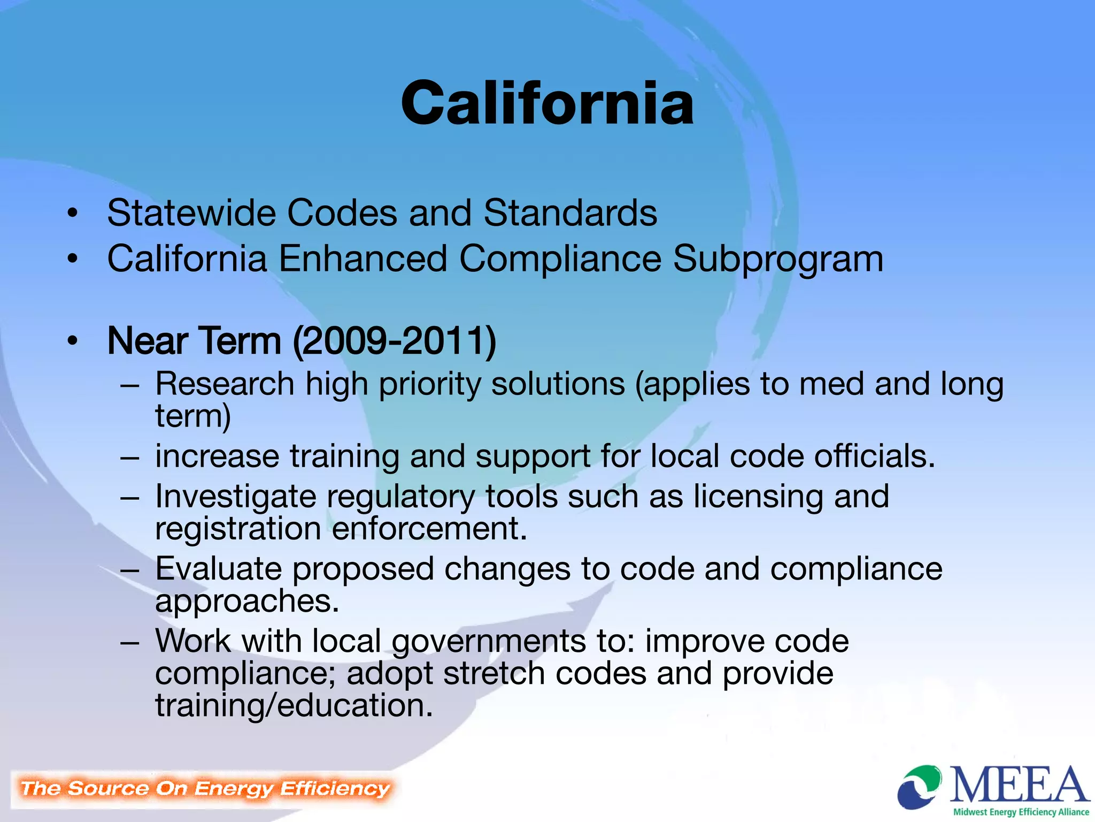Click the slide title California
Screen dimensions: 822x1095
point(547,103)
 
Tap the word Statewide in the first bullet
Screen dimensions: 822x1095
point(191,213)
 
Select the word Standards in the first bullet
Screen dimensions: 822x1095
point(570,213)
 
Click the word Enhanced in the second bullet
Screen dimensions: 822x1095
point(363,259)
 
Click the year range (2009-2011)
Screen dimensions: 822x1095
point(395,341)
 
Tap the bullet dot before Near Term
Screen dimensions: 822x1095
point(73,341)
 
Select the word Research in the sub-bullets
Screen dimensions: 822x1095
point(225,384)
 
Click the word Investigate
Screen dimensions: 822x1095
point(235,497)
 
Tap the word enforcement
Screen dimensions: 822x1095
point(429,529)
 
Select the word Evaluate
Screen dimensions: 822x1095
point(218,568)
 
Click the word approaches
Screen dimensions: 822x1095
point(247,602)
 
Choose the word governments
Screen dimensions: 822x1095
point(489,641)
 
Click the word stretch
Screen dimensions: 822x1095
point(493,673)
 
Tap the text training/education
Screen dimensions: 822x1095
point(294,705)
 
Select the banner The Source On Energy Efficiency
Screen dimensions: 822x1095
point(205,788)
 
